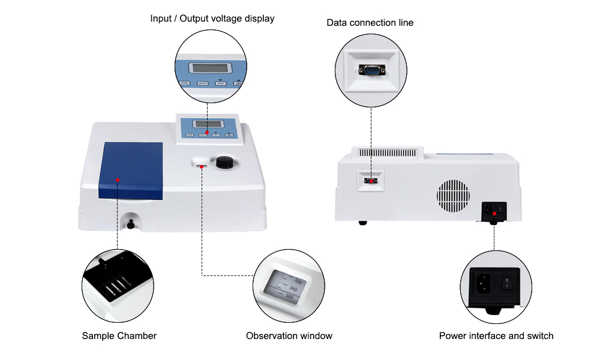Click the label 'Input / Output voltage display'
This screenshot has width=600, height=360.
212,19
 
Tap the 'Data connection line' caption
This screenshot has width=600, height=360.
370,23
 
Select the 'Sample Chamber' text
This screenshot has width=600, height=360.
119,336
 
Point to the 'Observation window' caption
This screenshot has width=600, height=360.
289,336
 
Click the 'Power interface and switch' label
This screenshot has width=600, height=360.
496,336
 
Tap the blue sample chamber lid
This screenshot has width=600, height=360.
130,171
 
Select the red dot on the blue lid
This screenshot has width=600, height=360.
118,179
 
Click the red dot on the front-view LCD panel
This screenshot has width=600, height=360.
207,132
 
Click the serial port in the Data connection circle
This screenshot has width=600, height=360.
371,70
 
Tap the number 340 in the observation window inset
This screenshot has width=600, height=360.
293,289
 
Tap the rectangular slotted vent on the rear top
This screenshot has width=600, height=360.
392,154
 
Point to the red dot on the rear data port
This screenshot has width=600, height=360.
371,179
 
